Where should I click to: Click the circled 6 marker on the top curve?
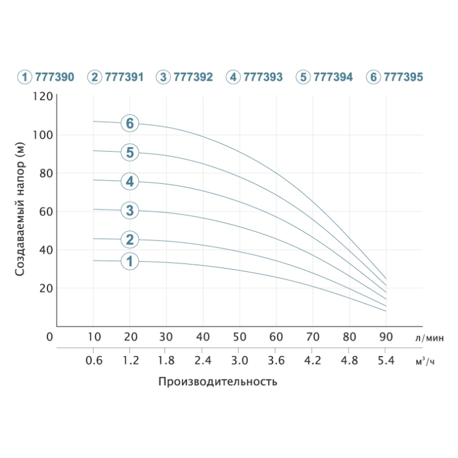[x=130, y=123]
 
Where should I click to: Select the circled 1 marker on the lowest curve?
[x=130, y=262]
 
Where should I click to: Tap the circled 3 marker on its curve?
[x=130, y=211]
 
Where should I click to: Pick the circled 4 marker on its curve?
[x=130, y=182]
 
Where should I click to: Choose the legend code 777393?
[x=263, y=77]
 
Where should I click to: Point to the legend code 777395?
[x=404, y=77]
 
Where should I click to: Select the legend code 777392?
[x=194, y=77]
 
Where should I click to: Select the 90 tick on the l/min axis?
[x=386, y=336]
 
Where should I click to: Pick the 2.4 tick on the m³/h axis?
[x=203, y=361]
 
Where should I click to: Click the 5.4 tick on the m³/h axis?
[x=386, y=361]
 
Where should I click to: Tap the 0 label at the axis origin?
[x=50, y=337]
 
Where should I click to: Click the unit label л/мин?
[x=429, y=337]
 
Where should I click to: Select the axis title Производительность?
[x=218, y=382]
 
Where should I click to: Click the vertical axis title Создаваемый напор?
[x=21, y=209]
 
